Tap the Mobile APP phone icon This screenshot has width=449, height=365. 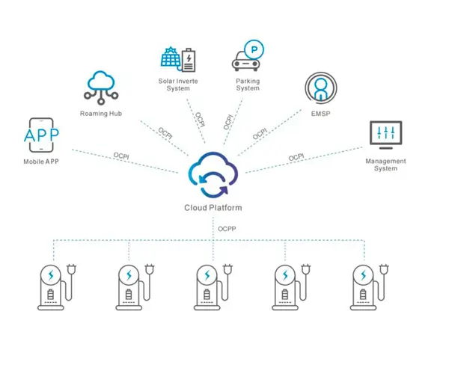coord(41,136)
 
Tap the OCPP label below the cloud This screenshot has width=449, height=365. coord(227,228)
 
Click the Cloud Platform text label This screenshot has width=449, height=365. coord(213,207)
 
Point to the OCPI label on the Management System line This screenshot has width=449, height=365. coord(296,157)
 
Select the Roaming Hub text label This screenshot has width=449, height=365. coord(100,114)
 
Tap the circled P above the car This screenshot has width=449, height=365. coord(255,50)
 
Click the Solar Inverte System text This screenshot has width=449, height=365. coord(177,84)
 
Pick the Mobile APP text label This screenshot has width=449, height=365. coord(41,162)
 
